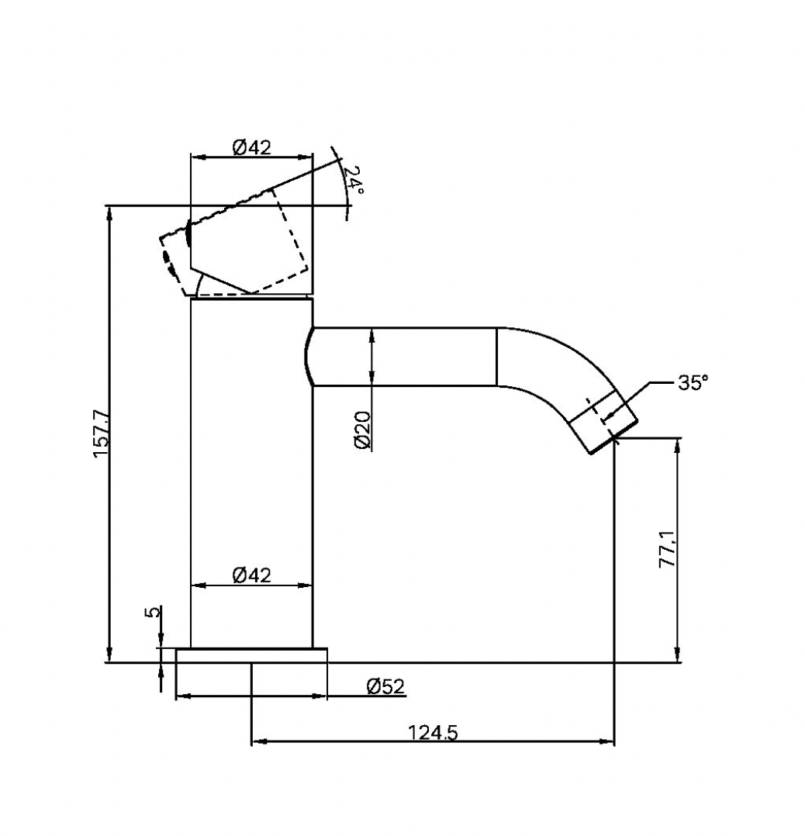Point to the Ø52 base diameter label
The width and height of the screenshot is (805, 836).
point(385,686)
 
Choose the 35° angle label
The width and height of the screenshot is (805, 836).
point(692,382)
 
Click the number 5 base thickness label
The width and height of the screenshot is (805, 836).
point(154,612)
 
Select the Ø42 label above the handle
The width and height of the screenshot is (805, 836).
point(252,147)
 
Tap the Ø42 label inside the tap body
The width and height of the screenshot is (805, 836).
point(252,575)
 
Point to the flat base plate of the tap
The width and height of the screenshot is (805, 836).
point(251,655)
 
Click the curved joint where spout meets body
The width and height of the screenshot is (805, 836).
point(307,357)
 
